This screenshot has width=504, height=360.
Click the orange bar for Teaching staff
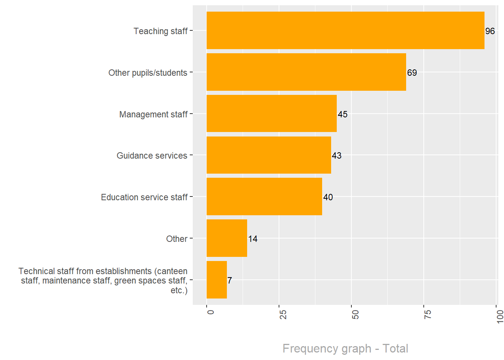(345, 30)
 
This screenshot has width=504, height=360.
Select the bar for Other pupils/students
(306, 72)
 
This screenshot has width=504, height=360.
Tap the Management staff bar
(271, 114)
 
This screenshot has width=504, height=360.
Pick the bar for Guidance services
(268, 155)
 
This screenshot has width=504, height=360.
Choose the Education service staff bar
(264, 196)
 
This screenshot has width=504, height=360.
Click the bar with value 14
(226, 238)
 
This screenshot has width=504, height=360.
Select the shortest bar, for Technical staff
(216, 280)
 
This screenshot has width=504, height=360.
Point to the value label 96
(490, 31)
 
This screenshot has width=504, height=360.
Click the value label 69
(412, 73)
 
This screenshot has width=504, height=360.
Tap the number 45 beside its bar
(342, 114)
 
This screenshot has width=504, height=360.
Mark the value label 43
(336, 156)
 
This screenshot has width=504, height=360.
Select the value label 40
(328, 197)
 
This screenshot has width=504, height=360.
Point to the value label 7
(229, 280)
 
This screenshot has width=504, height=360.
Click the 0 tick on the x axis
(210, 312)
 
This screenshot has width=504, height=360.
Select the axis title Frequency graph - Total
(345, 348)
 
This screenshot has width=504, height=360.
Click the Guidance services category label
(151, 156)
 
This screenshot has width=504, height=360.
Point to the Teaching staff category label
(160, 31)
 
